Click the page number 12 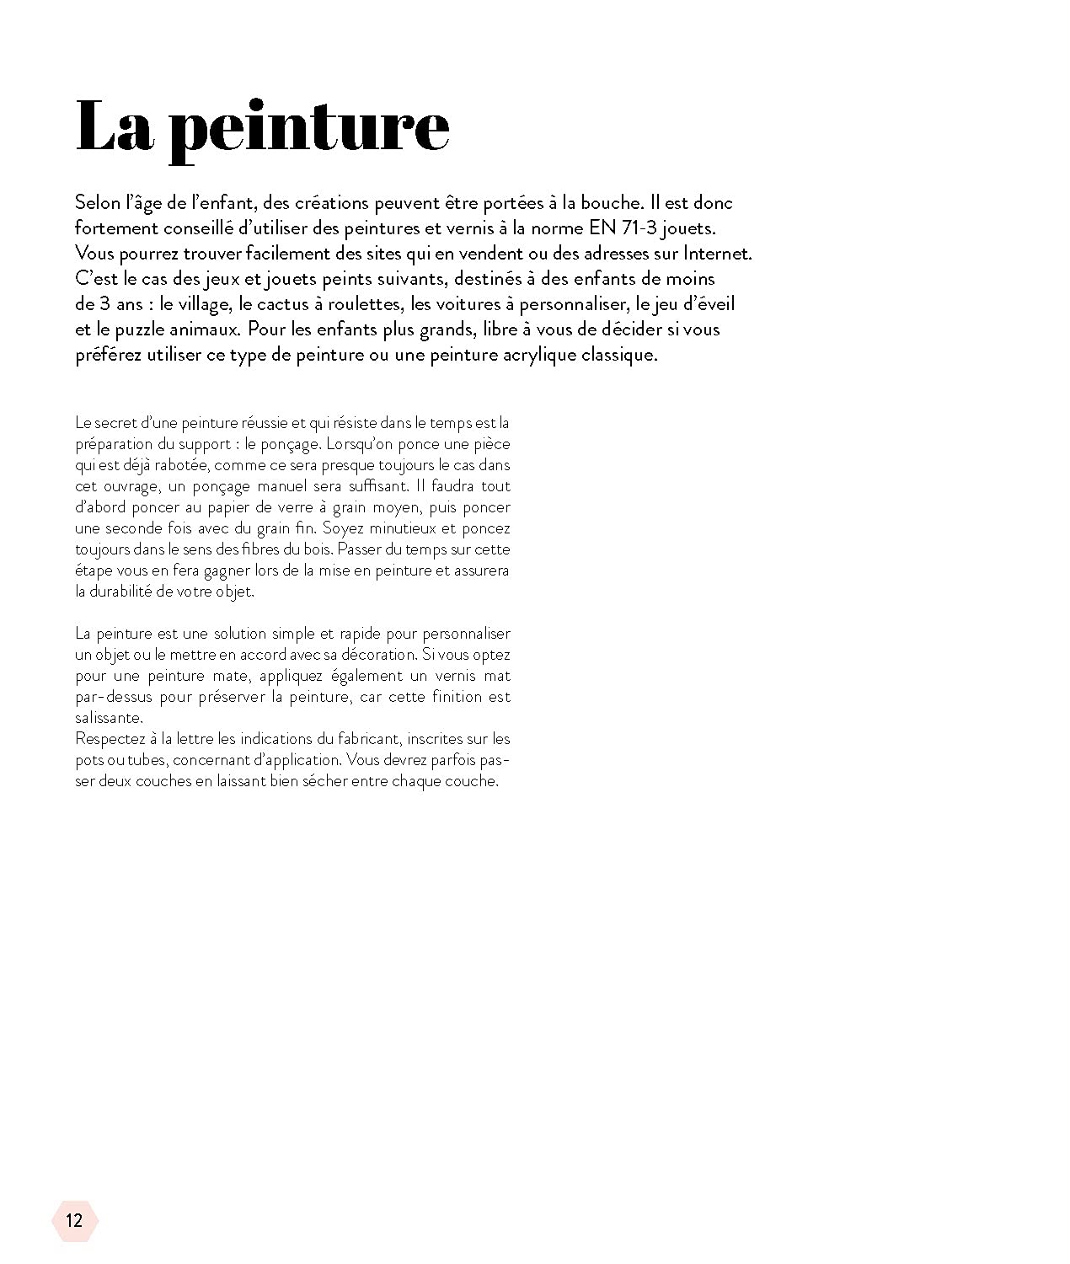[74, 1220]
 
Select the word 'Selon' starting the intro [98, 202]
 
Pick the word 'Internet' [715, 253]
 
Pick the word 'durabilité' [120, 592]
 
